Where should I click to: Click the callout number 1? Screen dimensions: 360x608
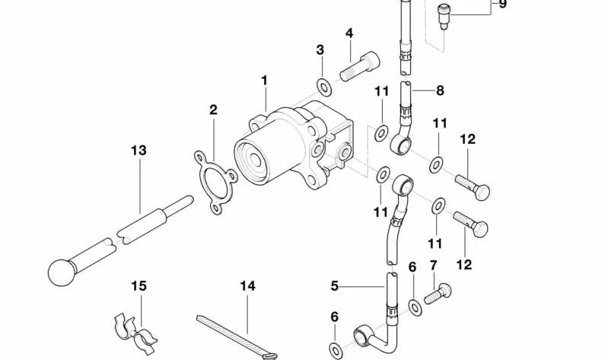[x=265, y=80]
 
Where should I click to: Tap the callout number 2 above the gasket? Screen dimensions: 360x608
[x=214, y=110]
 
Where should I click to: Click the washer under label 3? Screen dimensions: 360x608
[x=323, y=88]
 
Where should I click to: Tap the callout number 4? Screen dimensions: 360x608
[x=349, y=33]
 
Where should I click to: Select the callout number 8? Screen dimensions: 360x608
[x=440, y=91]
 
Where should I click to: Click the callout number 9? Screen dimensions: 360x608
[x=501, y=5]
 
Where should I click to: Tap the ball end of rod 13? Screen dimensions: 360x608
[x=63, y=270]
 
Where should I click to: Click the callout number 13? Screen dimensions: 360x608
[x=138, y=151]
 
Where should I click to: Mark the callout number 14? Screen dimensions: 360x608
[x=247, y=286]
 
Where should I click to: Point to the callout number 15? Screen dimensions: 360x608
[x=138, y=286]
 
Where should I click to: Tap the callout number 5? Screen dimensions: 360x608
[x=334, y=287]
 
